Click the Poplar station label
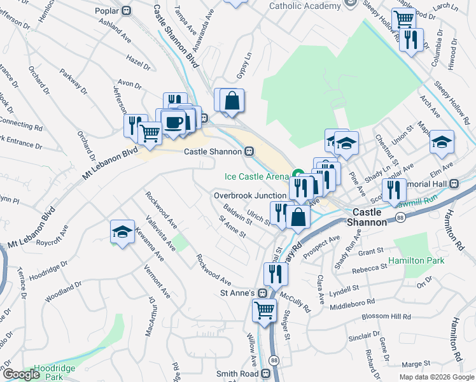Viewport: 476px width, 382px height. tap(107, 11)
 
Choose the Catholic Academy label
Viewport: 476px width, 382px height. tap(305, 6)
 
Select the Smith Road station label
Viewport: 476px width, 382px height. tap(239, 374)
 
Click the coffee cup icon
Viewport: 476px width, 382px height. tap(172, 122)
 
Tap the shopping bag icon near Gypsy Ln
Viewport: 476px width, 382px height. tap(233, 100)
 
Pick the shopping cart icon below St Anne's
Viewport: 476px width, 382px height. tap(264, 311)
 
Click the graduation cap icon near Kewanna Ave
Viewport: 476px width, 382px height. tap(122, 232)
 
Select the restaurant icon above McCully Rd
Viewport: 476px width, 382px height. tap(276, 274)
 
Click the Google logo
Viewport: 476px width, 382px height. tap(21, 374)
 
